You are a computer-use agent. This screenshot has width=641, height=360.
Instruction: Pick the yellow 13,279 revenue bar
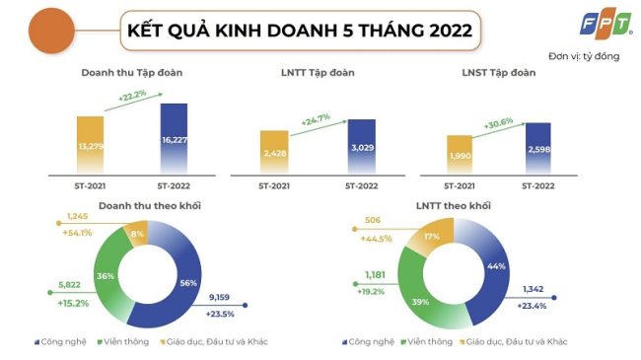click(x=90, y=147)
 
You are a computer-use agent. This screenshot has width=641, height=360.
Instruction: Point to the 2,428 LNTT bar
click(x=275, y=154)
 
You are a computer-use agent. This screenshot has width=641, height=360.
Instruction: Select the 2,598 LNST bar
click(x=537, y=149)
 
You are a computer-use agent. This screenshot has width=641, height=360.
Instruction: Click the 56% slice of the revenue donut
click(x=183, y=283)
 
